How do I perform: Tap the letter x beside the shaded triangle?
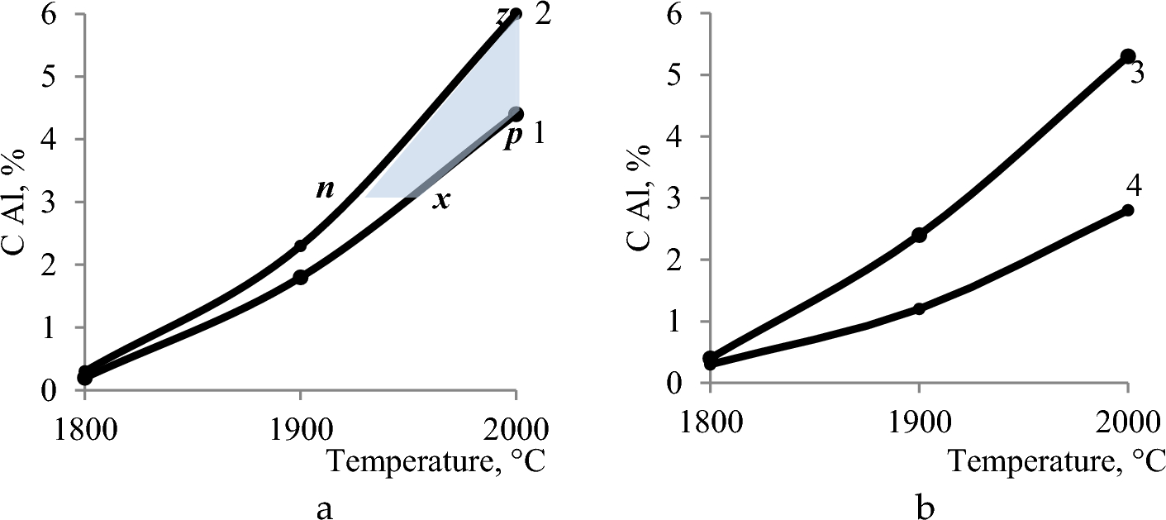click(x=442, y=200)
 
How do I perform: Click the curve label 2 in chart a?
click(x=542, y=14)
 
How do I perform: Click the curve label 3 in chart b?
click(x=1136, y=74)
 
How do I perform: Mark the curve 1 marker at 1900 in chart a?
click(x=300, y=277)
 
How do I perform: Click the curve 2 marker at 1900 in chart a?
click(x=300, y=246)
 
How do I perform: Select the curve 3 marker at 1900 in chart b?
click(x=919, y=235)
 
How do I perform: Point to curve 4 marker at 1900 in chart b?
click(x=919, y=308)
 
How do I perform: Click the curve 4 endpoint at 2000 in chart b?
click(x=1128, y=210)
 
